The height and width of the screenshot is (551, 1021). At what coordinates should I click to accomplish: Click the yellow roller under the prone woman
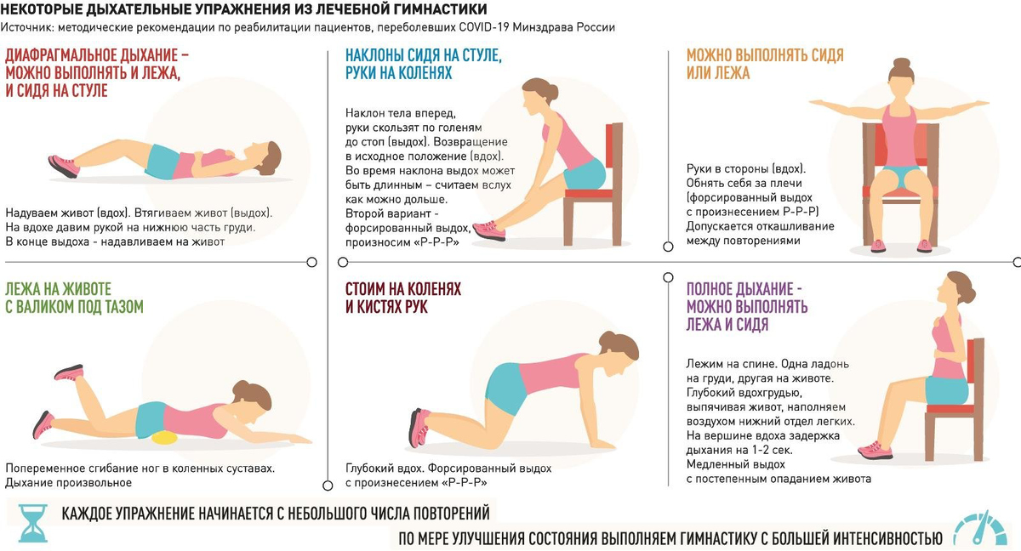(x=164, y=438)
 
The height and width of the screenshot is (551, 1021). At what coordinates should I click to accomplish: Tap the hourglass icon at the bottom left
(x=33, y=524)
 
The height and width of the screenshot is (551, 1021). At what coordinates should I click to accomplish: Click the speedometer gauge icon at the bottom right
(x=980, y=529)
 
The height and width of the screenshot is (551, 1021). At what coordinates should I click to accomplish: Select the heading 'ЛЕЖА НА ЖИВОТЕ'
(x=59, y=289)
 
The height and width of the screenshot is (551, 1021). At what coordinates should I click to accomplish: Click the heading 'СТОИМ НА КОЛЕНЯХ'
(x=403, y=289)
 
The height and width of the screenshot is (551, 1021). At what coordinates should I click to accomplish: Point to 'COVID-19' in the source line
(x=483, y=27)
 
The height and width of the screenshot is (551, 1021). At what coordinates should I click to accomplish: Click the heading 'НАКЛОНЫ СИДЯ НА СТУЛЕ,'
(x=424, y=55)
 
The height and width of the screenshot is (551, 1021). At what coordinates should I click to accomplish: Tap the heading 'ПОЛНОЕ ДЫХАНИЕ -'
(x=744, y=289)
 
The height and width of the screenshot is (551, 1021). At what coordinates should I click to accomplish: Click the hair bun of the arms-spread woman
(x=902, y=65)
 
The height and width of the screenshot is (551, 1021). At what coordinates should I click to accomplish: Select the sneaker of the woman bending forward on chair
(x=489, y=230)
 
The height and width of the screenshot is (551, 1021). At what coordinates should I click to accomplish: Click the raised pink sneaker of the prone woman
(x=69, y=372)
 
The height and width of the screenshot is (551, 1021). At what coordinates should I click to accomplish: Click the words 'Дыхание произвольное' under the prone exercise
(x=68, y=483)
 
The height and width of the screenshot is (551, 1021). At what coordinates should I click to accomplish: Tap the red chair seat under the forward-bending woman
(x=588, y=194)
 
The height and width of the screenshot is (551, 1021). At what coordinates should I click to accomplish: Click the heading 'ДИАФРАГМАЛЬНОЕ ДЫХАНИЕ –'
(x=97, y=55)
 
